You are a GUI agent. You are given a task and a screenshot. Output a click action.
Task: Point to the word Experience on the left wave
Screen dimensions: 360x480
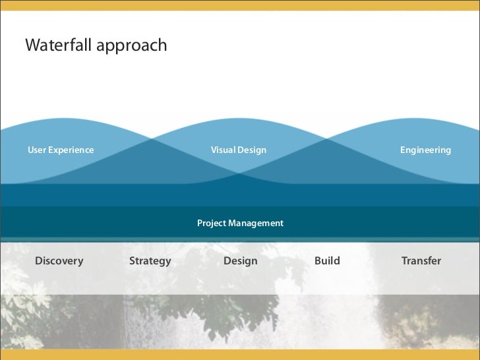[71, 151]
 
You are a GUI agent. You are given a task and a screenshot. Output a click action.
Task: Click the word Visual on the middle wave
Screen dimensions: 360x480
[223, 150]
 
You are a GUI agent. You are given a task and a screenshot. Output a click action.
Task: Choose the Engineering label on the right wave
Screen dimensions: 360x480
[425, 151]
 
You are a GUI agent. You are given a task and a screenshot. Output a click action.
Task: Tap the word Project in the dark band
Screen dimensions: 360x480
[212, 224]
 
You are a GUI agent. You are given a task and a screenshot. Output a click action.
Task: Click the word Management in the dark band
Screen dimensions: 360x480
[256, 224]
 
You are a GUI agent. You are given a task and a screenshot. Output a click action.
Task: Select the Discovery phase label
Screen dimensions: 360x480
[59, 261]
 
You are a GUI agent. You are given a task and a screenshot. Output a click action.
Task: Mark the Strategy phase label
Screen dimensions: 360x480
[150, 261]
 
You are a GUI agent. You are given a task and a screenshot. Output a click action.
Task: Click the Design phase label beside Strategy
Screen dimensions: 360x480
[240, 261]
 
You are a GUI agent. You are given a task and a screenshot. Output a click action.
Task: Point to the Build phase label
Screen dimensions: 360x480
[327, 261]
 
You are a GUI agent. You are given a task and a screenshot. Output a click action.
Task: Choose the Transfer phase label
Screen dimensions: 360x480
[421, 261]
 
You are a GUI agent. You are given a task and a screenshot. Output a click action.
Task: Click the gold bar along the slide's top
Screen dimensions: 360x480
[240, 5]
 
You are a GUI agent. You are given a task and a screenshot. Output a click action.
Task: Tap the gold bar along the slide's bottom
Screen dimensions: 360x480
[240, 355]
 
